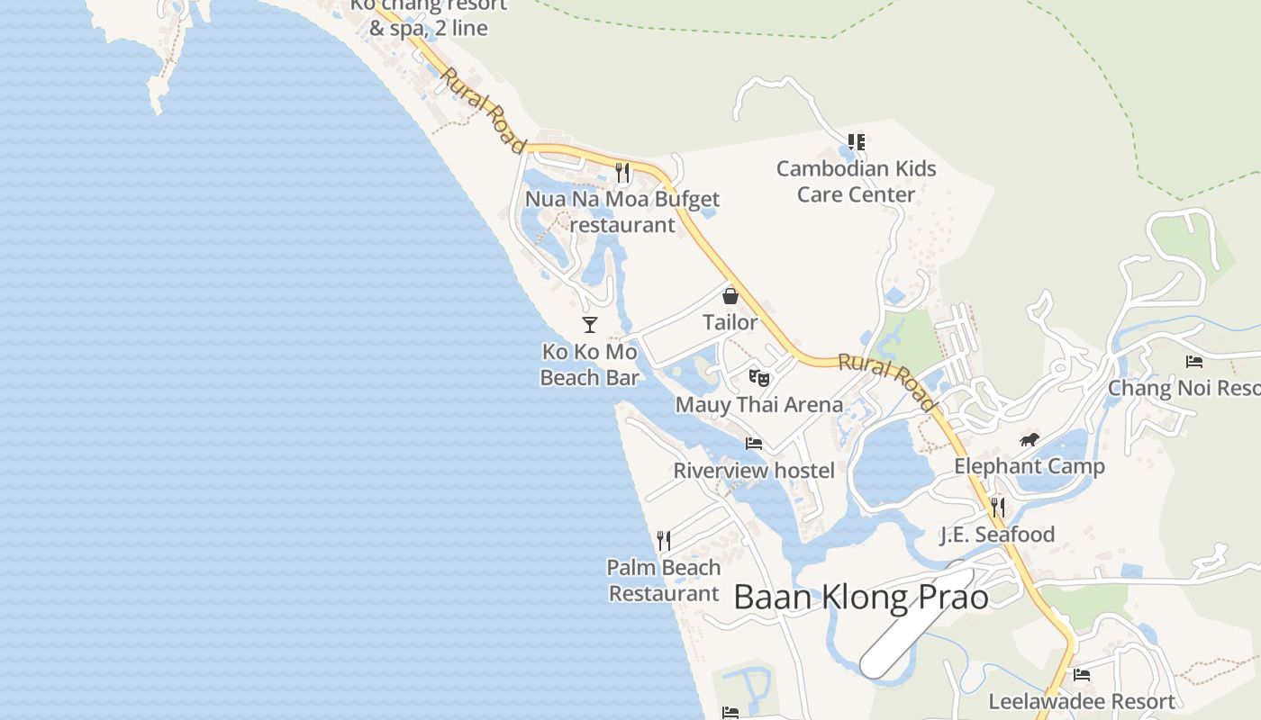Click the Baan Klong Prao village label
click(x=860, y=597)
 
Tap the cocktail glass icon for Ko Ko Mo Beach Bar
click(x=590, y=324)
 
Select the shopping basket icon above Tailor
click(x=730, y=295)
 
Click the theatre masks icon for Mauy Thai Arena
click(x=759, y=378)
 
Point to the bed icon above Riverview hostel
click(x=754, y=443)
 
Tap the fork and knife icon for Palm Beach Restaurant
click(x=664, y=540)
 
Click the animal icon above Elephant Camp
click(x=1029, y=440)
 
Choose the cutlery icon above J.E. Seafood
click(x=997, y=508)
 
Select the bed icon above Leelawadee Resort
click(x=1082, y=674)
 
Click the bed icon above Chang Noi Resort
click(x=1194, y=362)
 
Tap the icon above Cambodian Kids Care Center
click(x=856, y=142)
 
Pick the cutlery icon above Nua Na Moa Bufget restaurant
click(x=622, y=172)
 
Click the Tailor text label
click(x=730, y=321)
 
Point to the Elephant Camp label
click(x=1029, y=466)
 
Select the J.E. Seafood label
click(x=997, y=535)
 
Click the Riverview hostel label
click(x=754, y=470)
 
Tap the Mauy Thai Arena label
click(x=759, y=405)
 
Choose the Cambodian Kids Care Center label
click(x=856, y=181)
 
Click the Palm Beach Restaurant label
click(x=664, y=580)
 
